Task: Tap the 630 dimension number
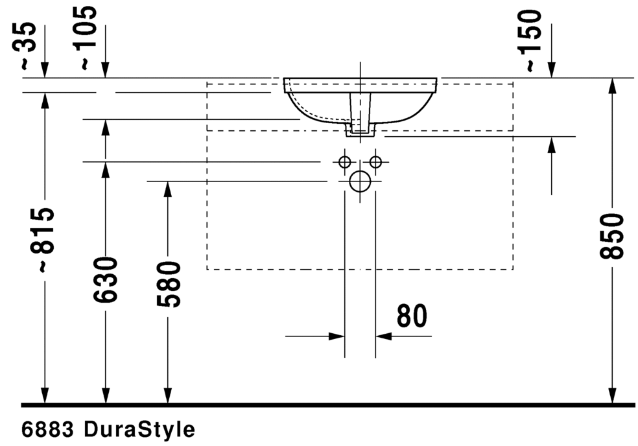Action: [x=106, y=280]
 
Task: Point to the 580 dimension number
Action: [x=168, y=284]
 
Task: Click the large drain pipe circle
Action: [x=359, y=182]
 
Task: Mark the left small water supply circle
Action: [x=344, y=161]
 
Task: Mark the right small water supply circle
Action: [x=375, y=161]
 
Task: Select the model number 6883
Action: [x=49, y=429]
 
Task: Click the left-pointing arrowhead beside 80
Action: [x=383, y=336]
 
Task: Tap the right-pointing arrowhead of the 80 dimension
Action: [x=337, y=336]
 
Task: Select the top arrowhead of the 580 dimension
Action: [x=168, y=189]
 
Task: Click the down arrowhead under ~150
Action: [x=551, y=71]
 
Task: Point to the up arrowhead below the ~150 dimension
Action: [x=551, y=145]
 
